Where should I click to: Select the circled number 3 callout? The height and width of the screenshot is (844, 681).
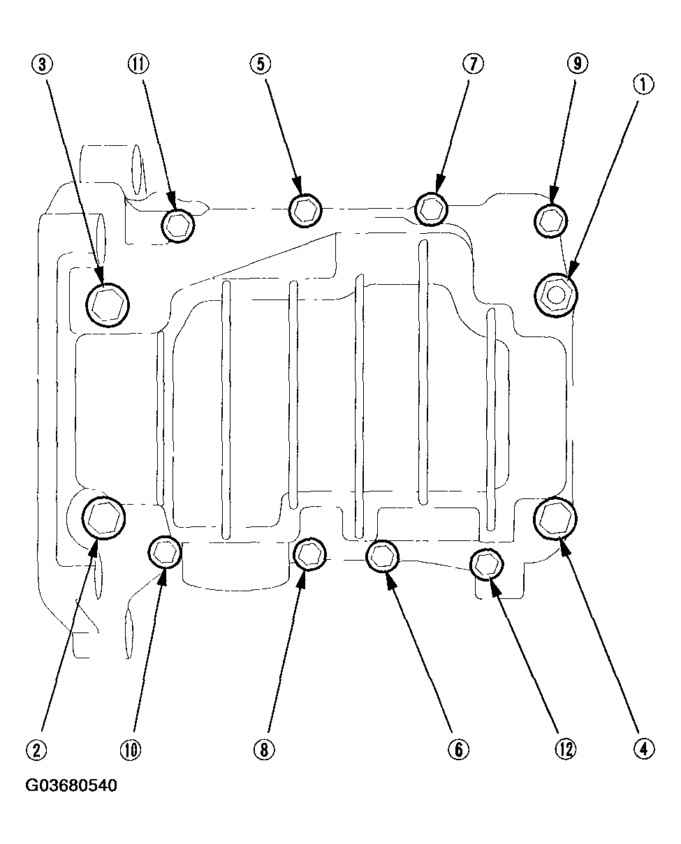[x=43, y=65]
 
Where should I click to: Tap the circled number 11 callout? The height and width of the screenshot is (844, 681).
[x=138, y=64]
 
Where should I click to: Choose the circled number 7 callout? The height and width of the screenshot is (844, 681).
[x=472, y=64]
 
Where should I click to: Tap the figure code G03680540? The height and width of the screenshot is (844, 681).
[x=71, y=786]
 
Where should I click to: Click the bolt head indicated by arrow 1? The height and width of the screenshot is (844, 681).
[x=556, y=295]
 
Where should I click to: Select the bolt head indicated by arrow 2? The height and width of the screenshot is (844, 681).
[x=103, y=517]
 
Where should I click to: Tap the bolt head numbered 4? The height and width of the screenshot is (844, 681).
[x=556, y=517]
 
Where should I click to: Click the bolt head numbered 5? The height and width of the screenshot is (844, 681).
[x=305, y=209]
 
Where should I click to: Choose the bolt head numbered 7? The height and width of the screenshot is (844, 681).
[x=431, y=208]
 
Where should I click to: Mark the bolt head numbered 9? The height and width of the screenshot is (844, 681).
[x=550, y=221]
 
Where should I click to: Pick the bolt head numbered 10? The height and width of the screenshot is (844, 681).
[x=165, y=552]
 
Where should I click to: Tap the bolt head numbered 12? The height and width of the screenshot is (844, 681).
[x=486, y=563]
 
